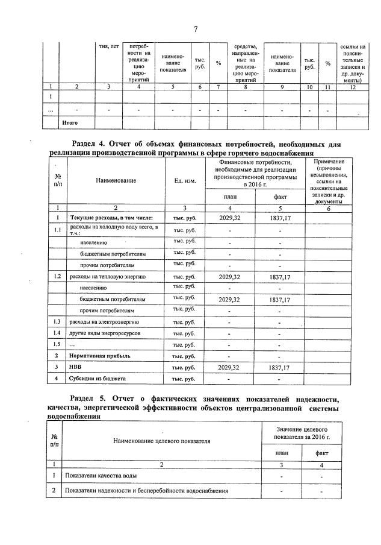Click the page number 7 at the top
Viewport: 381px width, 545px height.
click(196, 29)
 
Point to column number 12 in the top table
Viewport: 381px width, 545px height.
click(352, 87)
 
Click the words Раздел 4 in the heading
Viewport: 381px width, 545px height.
click(88, 144)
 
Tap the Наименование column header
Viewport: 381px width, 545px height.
click(119, 180)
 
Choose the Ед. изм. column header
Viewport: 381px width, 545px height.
click(185, 180)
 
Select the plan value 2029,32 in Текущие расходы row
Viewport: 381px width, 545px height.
click(229, 217)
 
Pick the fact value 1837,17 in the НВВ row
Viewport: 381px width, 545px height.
click(280, 367)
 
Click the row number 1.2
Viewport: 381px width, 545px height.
click(57, 277)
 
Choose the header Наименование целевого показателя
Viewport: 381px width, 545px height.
click(162, 441)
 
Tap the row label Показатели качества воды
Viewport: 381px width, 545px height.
click(100, 476)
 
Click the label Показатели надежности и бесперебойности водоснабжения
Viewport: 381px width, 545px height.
click(146, 491)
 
